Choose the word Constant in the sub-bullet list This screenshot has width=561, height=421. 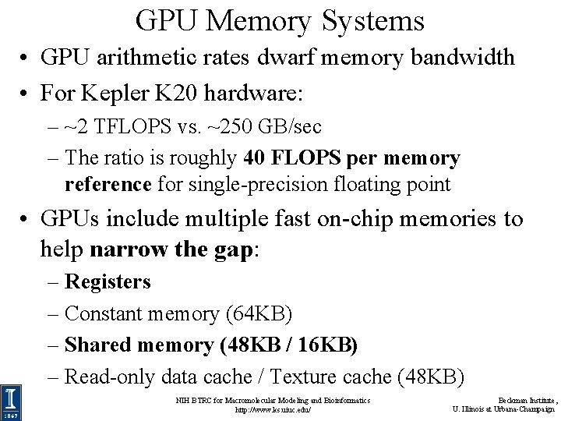[x=104, y=313]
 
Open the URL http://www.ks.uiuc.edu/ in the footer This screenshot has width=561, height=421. [x=273, y=409]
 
